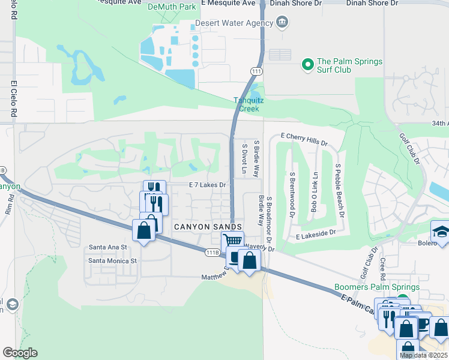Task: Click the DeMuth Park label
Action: [172, 7]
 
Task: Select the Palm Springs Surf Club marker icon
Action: [308, 63]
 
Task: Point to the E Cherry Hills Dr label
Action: [304, 140]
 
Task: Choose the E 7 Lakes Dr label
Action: [207, 185]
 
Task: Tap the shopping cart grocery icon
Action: [232, 241]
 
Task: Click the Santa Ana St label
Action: [108, 247]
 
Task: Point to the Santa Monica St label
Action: [113, 261]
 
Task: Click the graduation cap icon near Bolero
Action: [441, 231]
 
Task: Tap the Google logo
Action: [20, 353]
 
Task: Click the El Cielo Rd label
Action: [13, 99]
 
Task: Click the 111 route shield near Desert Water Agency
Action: [255, 71]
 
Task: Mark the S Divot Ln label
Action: [244, 158]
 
